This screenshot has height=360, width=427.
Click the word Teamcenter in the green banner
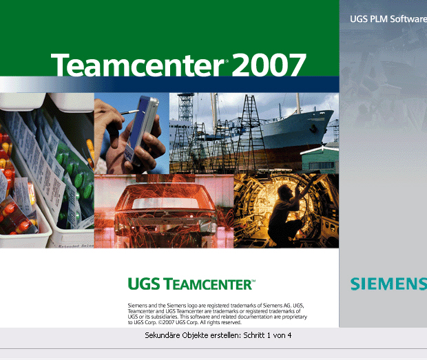[x=138, y=65]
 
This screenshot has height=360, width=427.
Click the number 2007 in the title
[x=269, y=65]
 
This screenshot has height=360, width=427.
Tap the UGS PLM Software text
[x=388, y=19]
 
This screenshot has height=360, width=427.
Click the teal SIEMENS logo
[x=388, y=284]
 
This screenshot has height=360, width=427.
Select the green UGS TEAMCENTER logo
[x=191, y=284]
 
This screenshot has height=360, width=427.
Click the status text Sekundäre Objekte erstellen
[x=193, y=335]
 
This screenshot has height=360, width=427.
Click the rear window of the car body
[x=165, y=203]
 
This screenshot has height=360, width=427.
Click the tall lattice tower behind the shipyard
[x=186, y=109]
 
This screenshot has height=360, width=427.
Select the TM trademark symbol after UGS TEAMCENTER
[x=253, y=280]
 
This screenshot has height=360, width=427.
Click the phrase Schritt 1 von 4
[x=267, y=335]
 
